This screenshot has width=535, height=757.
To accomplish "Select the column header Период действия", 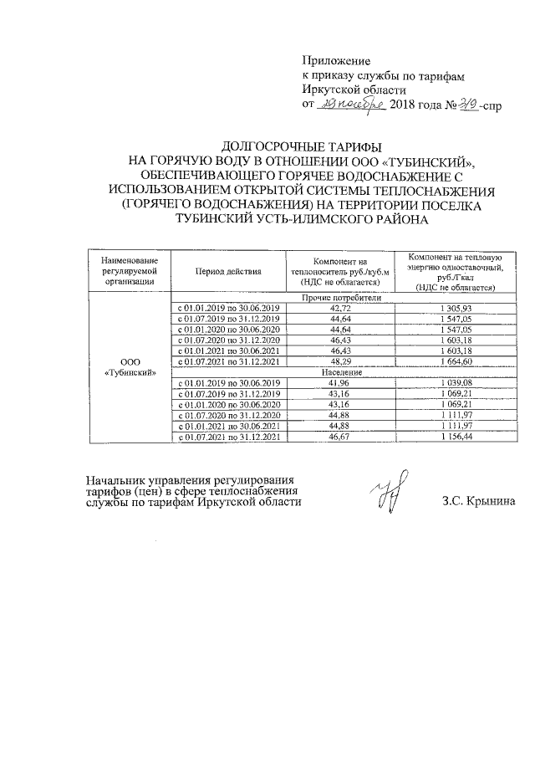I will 228,272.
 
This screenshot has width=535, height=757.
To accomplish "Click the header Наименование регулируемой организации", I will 128,271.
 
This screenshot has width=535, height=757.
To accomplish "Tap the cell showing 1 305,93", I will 460,309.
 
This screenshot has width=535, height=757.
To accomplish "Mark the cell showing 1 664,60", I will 460,361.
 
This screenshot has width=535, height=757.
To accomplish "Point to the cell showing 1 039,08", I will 460,382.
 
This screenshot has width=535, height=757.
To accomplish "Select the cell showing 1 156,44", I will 460,435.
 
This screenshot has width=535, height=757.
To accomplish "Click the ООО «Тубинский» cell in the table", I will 128,366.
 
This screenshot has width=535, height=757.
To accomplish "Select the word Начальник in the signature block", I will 115,480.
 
